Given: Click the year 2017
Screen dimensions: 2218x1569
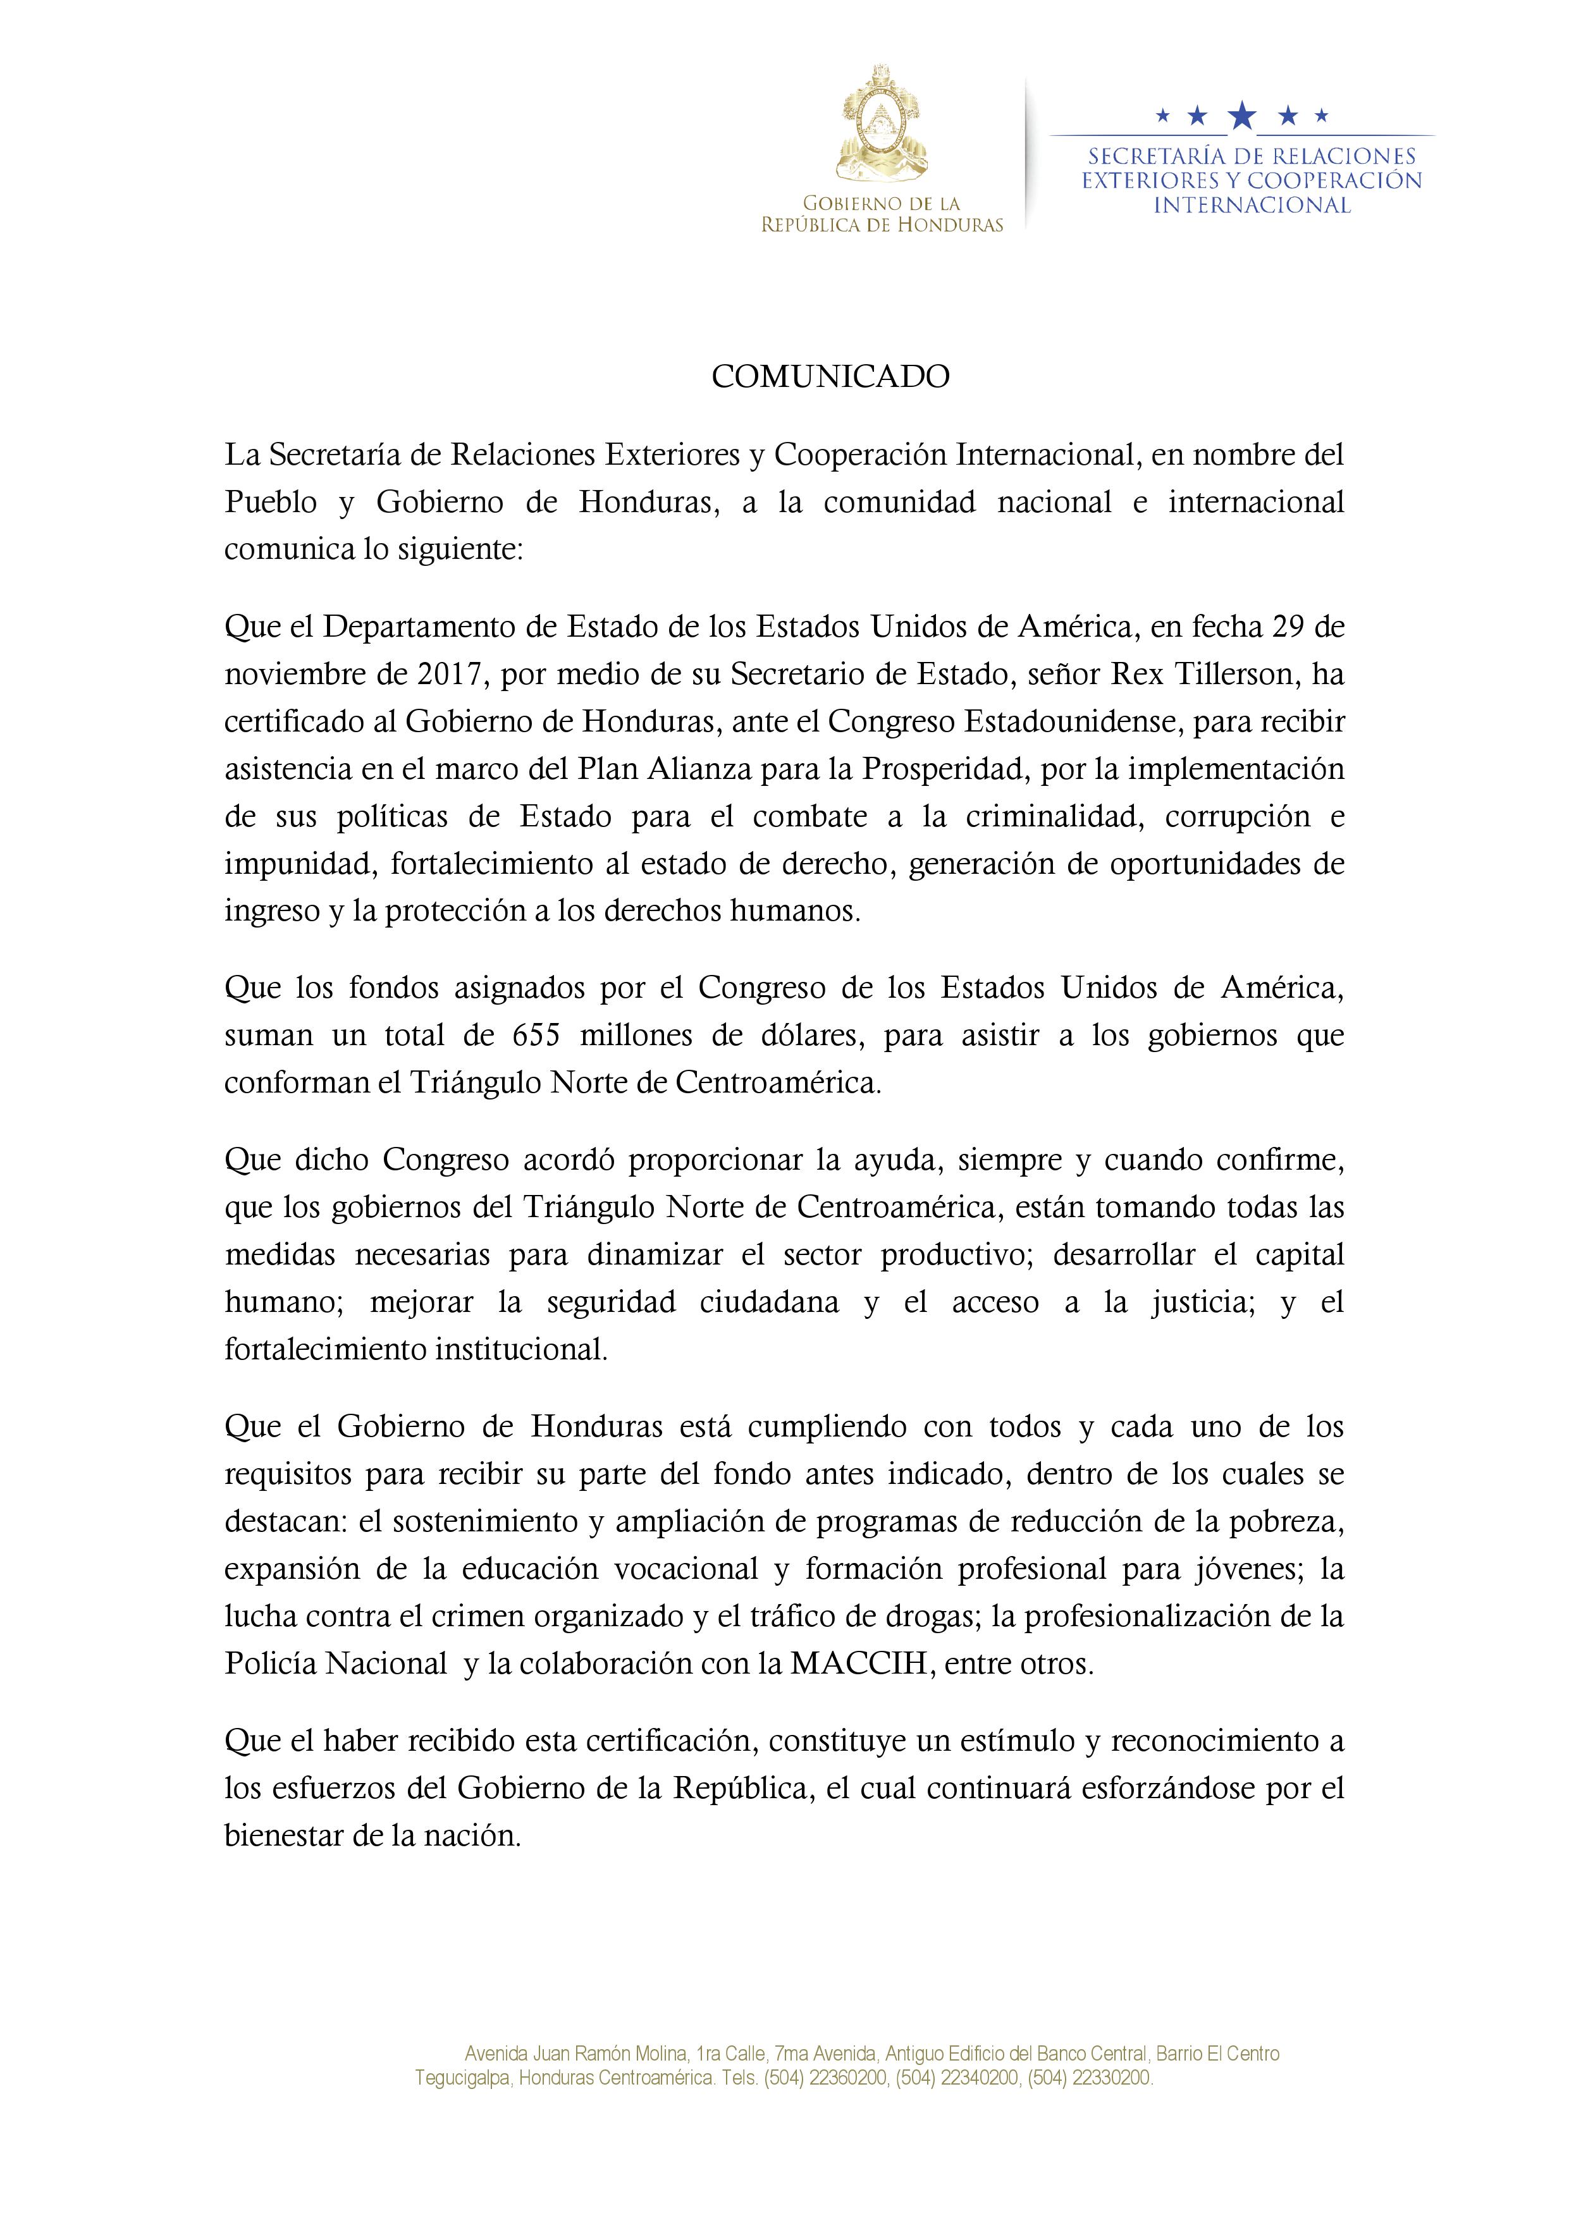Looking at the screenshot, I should click(450, 673).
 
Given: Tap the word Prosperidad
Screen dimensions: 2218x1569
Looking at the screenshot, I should click(945, 768).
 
